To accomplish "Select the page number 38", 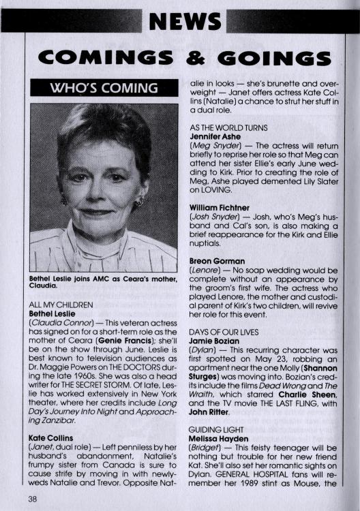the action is pyautogui.click(x=33, y=498).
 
